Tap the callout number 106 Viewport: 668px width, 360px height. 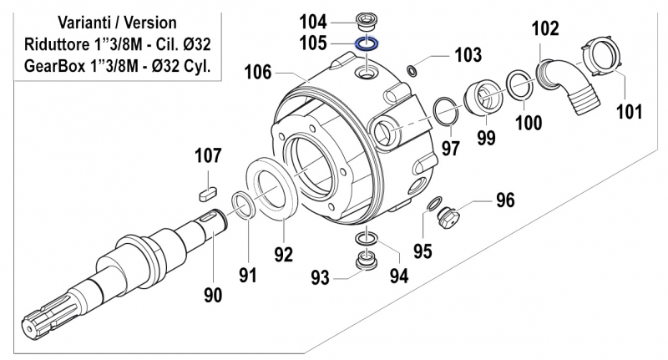258,73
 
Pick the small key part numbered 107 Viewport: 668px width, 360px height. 208,190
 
